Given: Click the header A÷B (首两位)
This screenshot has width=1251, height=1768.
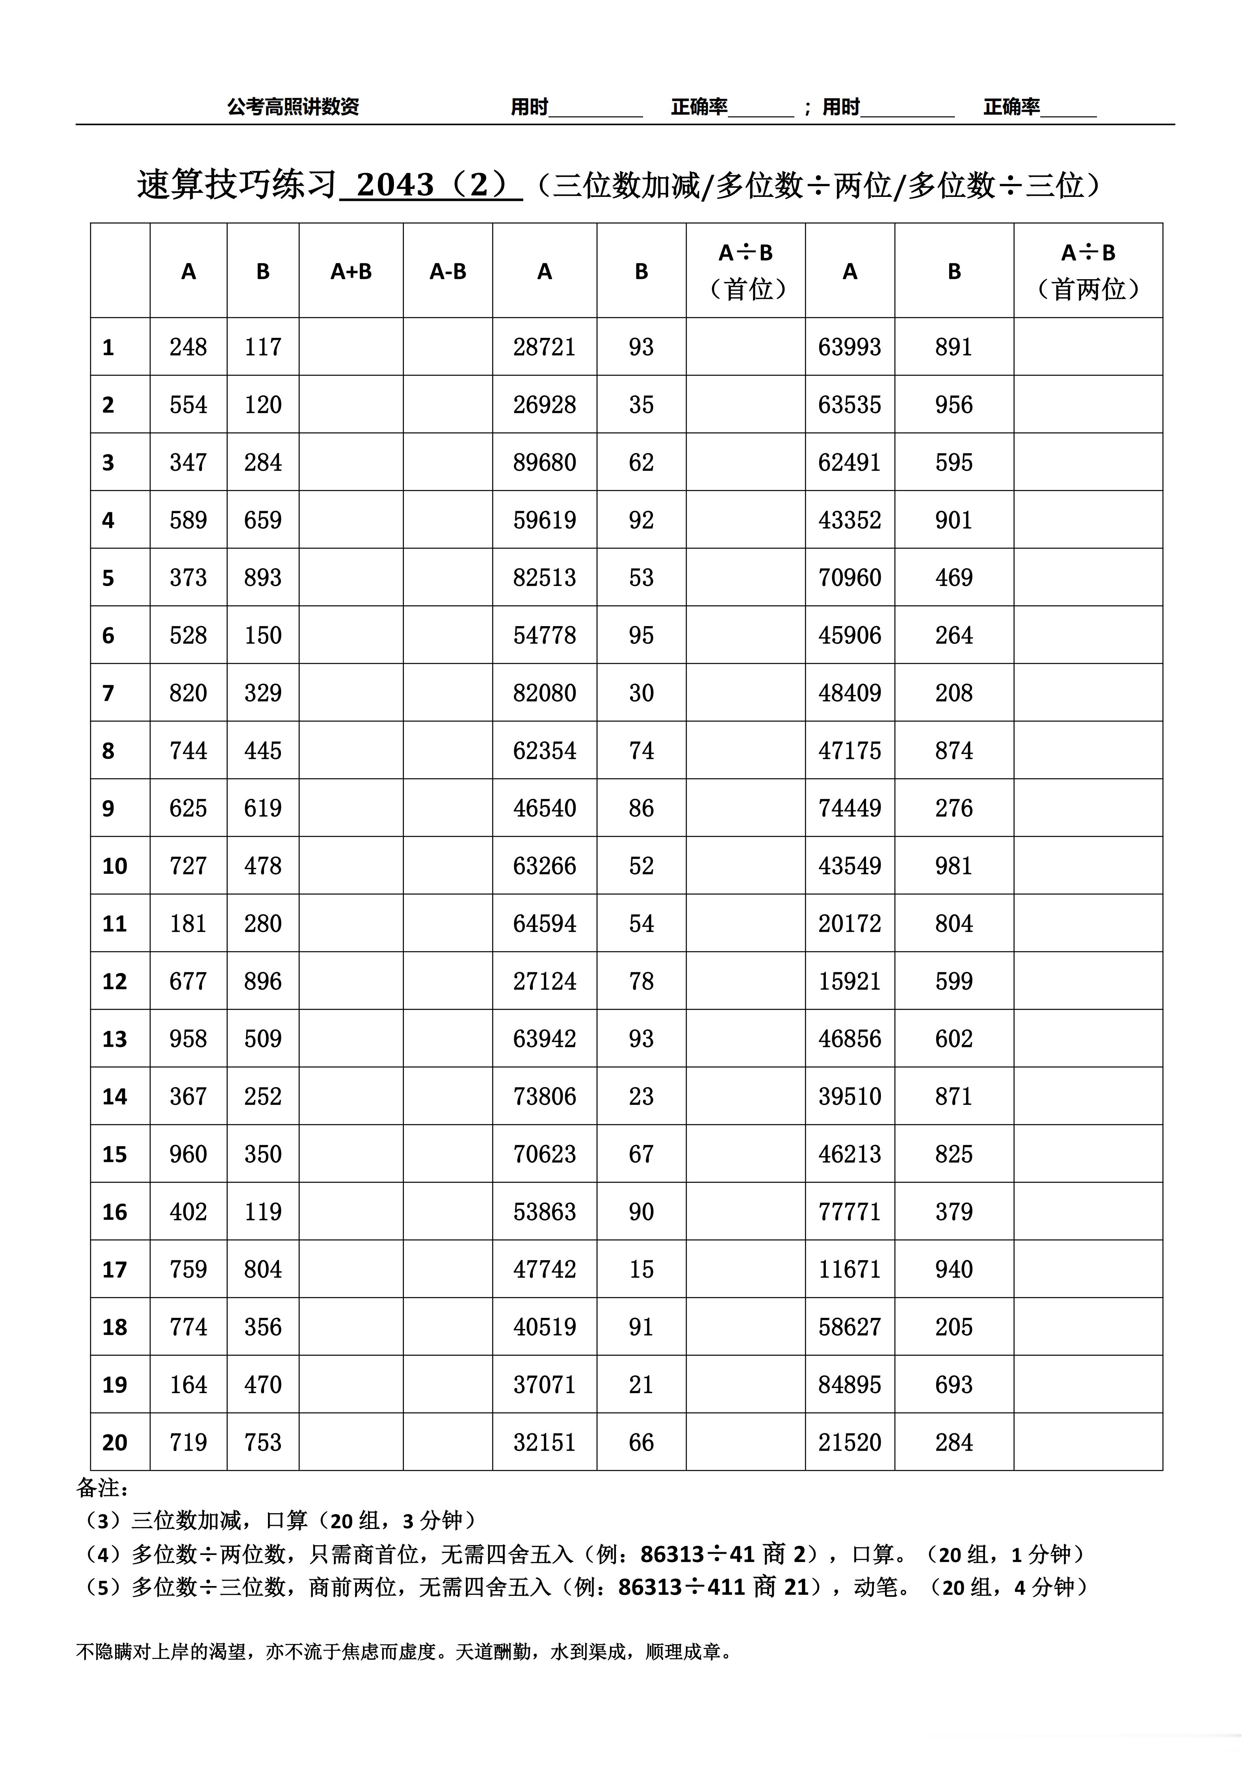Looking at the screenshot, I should point(1088,271).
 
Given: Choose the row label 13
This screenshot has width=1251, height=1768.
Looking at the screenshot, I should point(115,1039).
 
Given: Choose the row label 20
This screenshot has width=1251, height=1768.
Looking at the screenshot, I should point(115,1442).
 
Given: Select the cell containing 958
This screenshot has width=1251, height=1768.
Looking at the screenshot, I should point(188,1039).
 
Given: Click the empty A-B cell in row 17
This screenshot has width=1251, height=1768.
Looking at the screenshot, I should point(448,1269).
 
